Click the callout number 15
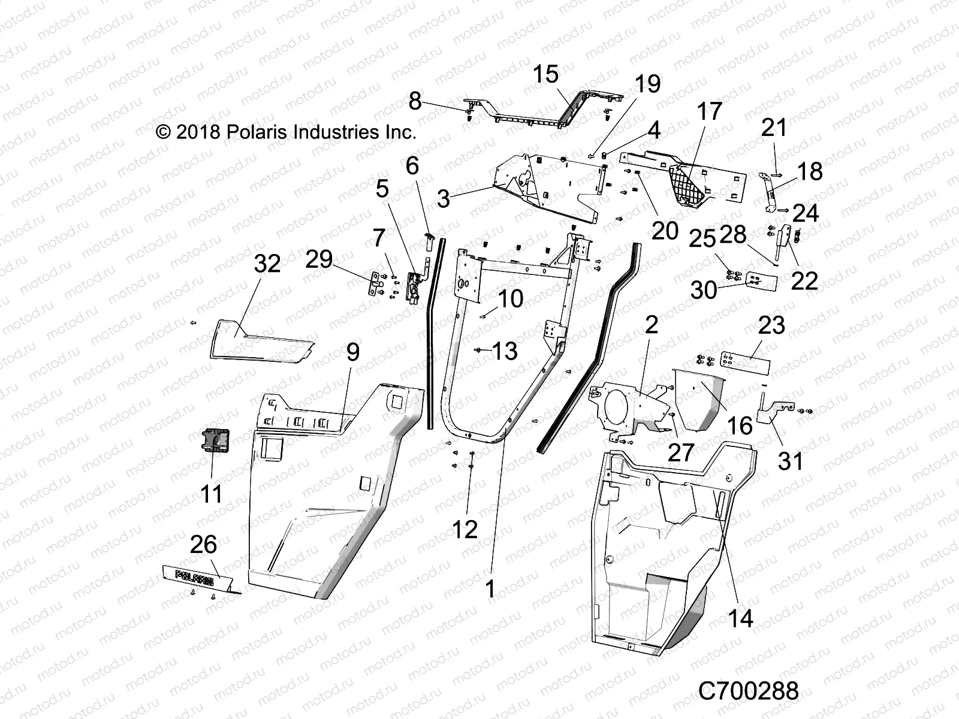coord(545,74)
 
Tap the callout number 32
coord(267,263)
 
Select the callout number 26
coord(203,545)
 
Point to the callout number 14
coord(741,618)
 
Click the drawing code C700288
coord(748,691)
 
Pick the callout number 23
coord(771,325)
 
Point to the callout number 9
coord(352,352)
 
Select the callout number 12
coord(465,529)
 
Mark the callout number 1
coord(490,589)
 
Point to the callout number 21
coord(774,128)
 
